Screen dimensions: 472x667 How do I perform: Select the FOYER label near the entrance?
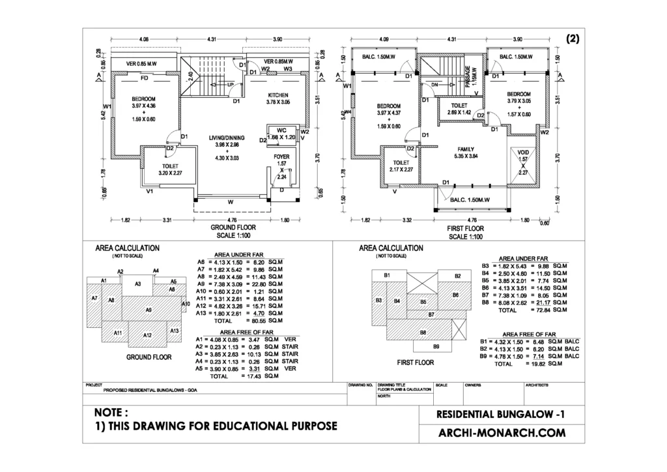(x=281, y=156)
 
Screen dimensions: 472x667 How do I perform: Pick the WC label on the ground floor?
(x=281, y=130)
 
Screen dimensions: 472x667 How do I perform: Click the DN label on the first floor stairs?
(x=434, y=85)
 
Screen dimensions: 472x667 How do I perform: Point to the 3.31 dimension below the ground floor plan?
(x=167, y=220)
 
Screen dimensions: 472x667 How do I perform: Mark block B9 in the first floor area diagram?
(x=436, y=346)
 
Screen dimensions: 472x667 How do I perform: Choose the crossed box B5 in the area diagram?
(x=423, y=302)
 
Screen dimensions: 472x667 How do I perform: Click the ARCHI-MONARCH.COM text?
(x=498, y=432)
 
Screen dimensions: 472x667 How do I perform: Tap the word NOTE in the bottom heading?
(x=111, y=412)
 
